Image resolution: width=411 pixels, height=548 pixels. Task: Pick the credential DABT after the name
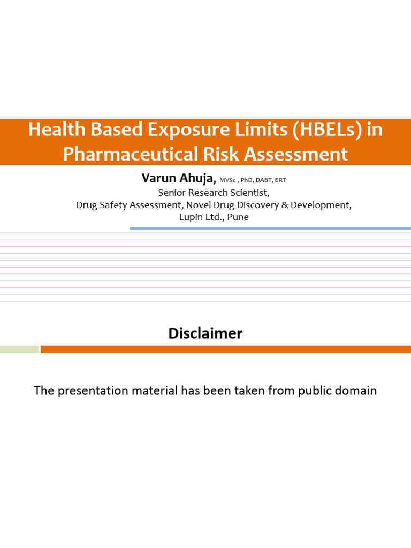tap(264, 180)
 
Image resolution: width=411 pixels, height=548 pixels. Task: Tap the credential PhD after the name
tap(247, 180)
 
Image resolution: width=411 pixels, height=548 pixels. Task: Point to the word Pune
tap(238, 217)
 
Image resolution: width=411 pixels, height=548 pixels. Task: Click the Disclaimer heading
tap(205, 333)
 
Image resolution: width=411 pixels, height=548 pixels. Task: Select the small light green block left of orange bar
tap(19, 349)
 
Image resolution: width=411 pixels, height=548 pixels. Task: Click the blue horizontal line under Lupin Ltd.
tap(270, 229)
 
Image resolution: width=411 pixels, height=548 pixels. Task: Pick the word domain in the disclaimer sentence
tap(356, 391)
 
